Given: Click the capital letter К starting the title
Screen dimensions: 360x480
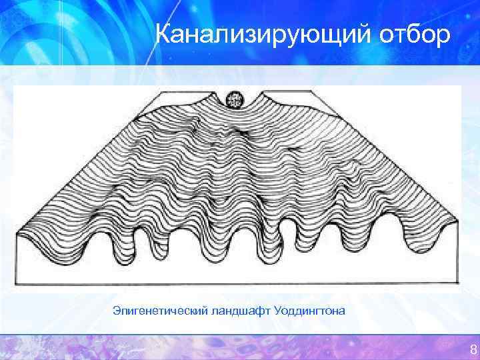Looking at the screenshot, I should [x=163, y=33].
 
